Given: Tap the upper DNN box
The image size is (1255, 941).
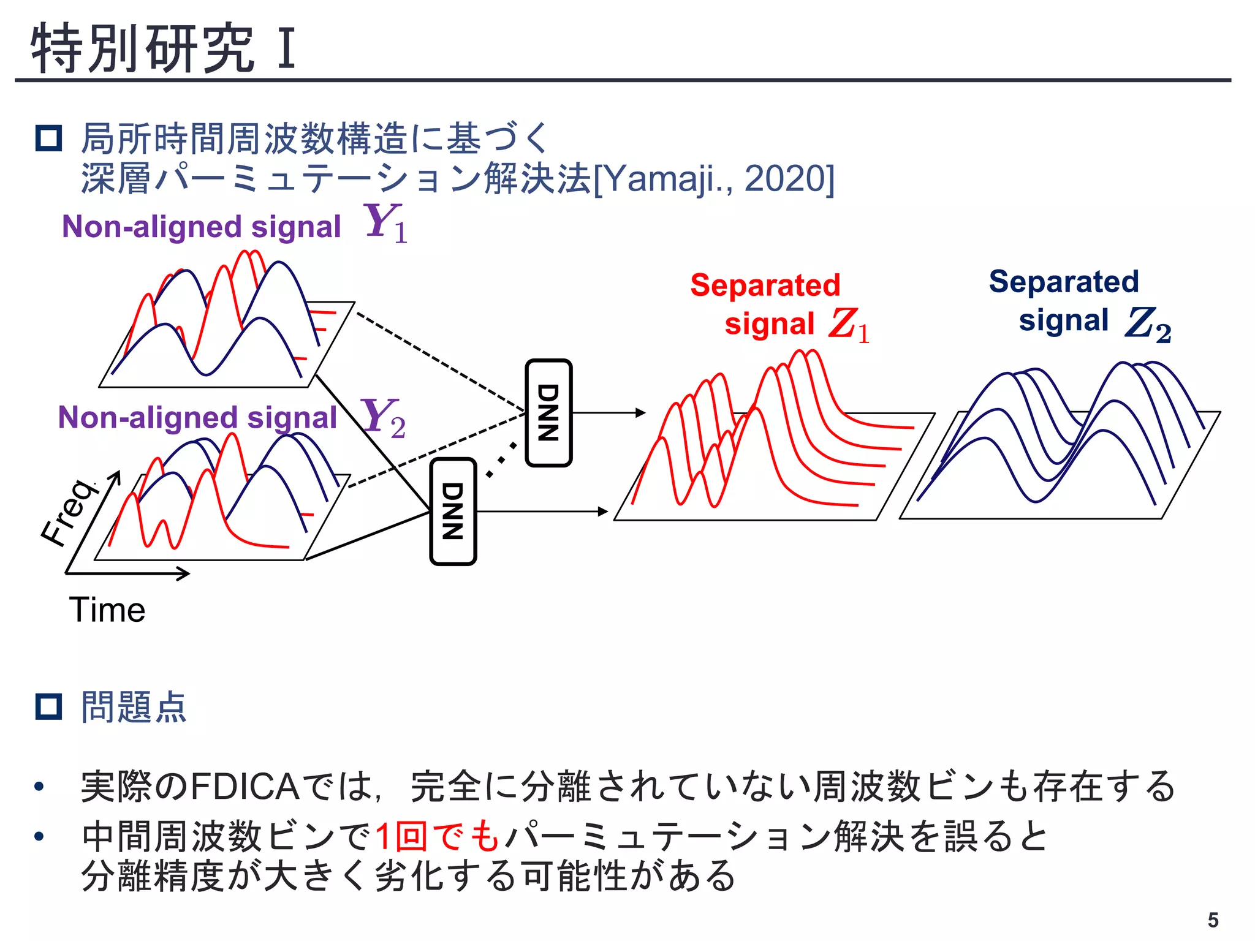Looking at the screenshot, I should coord(548,412).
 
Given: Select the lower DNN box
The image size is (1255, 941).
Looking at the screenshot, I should coord(453,511).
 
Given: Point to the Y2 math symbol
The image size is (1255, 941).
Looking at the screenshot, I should coord(384,418).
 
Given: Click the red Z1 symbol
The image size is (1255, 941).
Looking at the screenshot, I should coord(849,325).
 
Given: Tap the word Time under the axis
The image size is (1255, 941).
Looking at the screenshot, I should coord(107,610).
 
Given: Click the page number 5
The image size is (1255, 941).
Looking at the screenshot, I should coord(1213,920).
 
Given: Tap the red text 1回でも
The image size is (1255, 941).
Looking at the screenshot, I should coord(438,836).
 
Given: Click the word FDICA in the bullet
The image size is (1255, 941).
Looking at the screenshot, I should coord(245,787).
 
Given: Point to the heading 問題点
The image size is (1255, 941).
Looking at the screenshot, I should coord(134,707).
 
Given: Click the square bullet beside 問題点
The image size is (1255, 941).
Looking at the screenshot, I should coord(49,707).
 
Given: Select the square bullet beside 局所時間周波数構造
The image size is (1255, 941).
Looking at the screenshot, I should coord(49,138).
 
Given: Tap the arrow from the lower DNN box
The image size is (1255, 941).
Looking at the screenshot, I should coord(542,511).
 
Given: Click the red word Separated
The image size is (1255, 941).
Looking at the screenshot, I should coord(765,285).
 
